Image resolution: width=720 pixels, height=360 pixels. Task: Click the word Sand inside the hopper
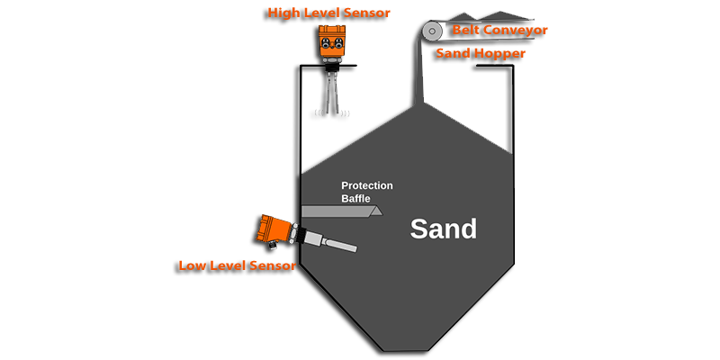coord(443,229)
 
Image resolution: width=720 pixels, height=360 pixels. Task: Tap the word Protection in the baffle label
coord(367,186)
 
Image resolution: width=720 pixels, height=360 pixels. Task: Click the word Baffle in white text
coord(355,199)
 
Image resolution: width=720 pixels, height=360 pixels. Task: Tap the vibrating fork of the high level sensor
coord(332,92)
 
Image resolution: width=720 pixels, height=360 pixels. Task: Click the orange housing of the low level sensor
coord(274,230)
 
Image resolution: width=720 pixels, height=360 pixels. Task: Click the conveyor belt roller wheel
coord(432,31)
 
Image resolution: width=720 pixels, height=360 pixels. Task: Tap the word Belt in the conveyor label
coord(464,31)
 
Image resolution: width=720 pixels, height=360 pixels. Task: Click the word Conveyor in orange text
coord(514,31)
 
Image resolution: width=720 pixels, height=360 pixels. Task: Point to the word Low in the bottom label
coord(192,265)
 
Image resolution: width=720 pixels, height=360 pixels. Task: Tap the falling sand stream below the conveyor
coord(418,69)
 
